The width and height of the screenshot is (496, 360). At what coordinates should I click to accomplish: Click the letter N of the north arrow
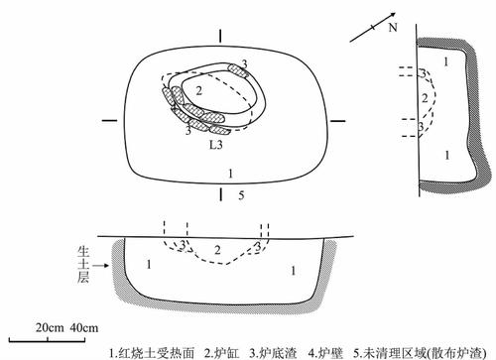coord(390,31)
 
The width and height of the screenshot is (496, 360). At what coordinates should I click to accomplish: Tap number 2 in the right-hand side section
coord(426,98)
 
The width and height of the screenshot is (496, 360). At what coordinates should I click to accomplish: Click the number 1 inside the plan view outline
coord(230,173)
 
